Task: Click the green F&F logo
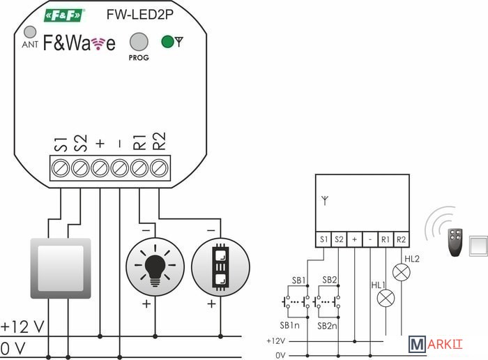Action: point(64,15)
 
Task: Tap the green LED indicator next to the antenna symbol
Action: point(167,41)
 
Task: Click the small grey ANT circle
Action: point(30,32)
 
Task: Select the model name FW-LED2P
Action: point(136,14)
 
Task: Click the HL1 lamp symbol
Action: point(385,299)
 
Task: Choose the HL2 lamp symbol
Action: point(402,272)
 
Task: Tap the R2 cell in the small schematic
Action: point(401,239)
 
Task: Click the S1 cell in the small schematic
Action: point(323,239)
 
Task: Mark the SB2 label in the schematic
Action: point(330,280)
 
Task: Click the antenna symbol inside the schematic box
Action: point(324,200)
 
